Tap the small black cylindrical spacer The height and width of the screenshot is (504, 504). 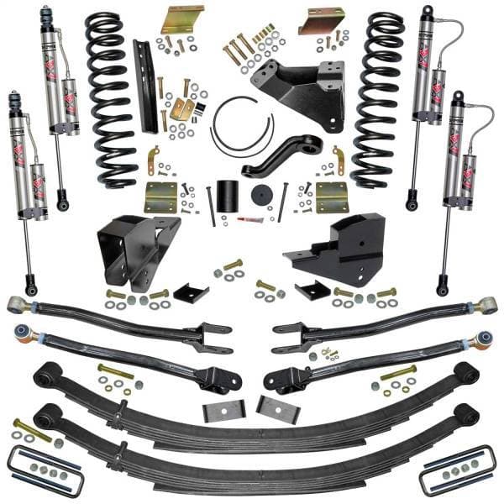click(223, 196)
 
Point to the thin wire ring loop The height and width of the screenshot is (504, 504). click(242, 126)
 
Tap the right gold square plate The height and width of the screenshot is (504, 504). click(332, 197)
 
